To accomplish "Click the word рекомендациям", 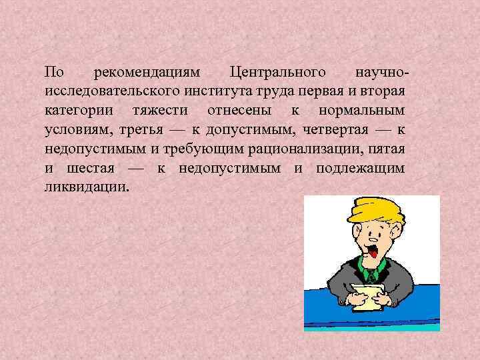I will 143,72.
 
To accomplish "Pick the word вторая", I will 386,91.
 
